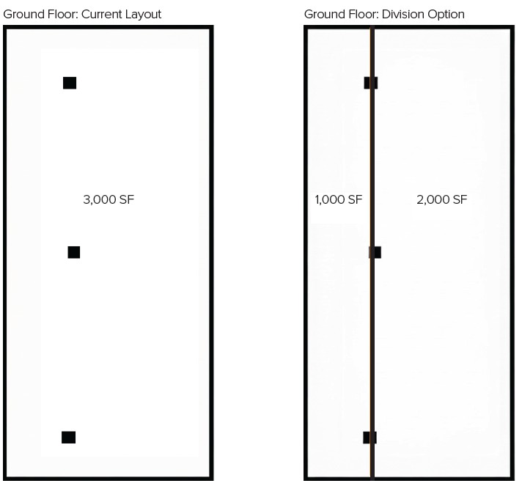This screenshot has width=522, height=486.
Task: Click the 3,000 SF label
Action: (109, 199)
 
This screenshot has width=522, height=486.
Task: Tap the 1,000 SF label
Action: (339, 199)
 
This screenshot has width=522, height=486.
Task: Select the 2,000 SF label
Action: (441, 199)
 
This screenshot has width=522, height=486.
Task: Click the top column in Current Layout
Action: (70, 83)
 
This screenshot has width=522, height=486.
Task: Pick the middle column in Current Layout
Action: (74, 252)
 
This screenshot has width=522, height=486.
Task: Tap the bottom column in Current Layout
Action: (68, 438)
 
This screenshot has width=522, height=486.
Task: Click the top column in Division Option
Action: (371, 83)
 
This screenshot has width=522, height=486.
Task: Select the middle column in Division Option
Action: (375, 252)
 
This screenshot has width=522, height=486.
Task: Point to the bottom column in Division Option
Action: (370, 438)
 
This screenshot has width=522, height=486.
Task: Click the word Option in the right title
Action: (447, 15)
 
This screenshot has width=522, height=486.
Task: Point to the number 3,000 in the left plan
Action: (100, 199)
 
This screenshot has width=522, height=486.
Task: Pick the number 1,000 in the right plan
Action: (330, 199)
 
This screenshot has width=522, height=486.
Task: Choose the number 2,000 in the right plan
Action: (433, 199)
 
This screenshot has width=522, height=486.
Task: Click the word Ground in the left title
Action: (22, 15)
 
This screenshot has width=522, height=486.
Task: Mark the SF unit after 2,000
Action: (460, 199)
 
